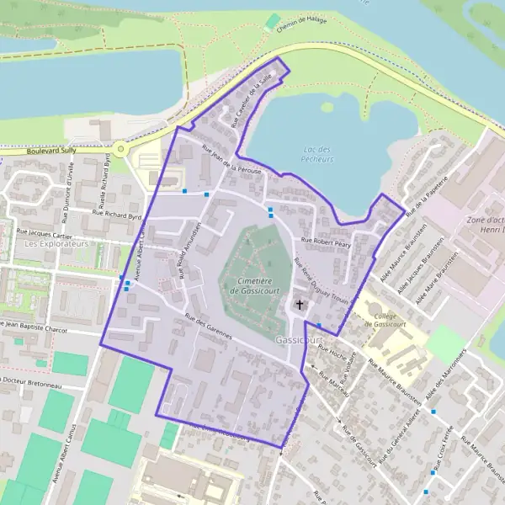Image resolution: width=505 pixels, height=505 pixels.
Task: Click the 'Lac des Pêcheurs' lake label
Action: click(x=316, y=153)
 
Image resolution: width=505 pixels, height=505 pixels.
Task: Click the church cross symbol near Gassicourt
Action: click(x=300, y=304)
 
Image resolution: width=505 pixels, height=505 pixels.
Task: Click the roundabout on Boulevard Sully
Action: click(x=120, y=149)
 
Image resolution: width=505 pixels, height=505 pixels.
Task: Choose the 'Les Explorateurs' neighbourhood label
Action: click(x=56, y=244)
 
